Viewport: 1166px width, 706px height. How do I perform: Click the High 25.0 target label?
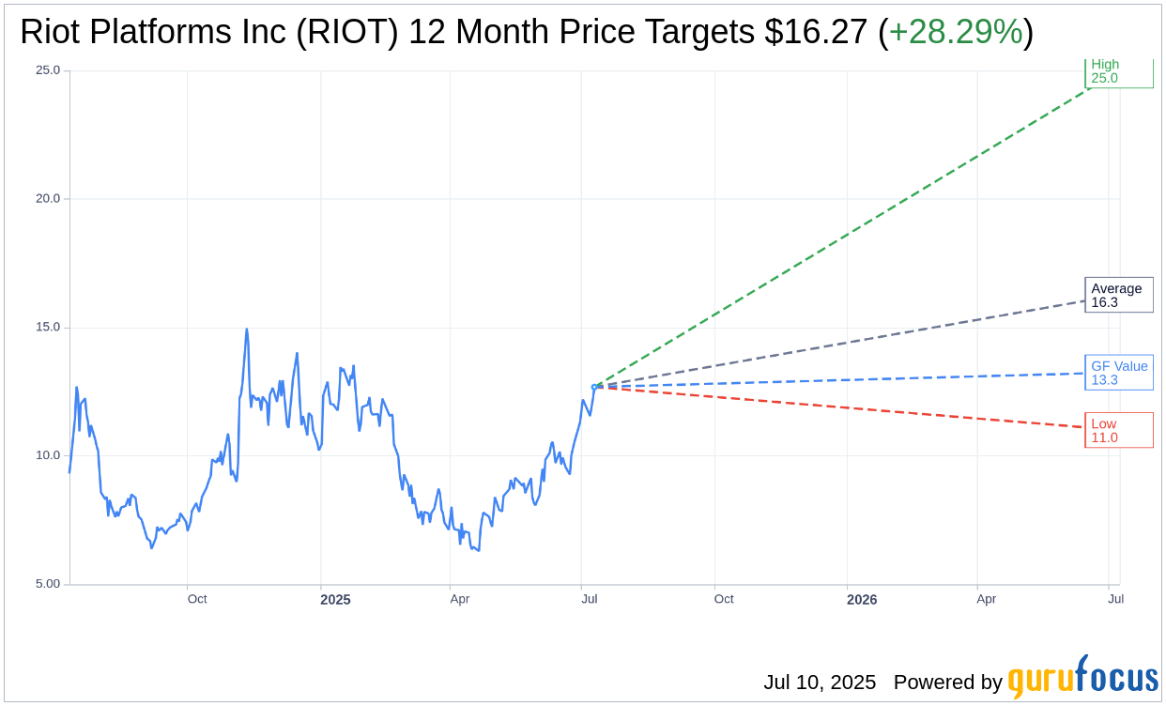[1118, 72]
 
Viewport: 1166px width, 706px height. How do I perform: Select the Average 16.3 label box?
[1118, 295]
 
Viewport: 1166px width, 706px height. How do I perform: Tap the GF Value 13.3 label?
[1118, 373]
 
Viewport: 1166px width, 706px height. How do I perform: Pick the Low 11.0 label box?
[1118, 430]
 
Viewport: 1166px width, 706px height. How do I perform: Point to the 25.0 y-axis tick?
[47, 70]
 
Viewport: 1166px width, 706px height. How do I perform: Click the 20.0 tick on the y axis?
[47, 199]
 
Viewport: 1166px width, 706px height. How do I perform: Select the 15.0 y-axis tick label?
[47, 328]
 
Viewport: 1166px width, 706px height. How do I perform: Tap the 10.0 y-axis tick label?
[47, 456]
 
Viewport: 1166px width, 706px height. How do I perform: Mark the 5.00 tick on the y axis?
[47, 584]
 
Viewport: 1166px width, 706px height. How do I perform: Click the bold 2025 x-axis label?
[335, 600]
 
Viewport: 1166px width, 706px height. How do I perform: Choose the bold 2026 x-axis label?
[861, 600]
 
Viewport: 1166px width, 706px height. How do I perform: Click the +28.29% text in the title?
[955, 33]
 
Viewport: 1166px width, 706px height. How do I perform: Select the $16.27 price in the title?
[815, 33]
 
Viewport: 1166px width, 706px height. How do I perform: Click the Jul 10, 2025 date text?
[819, 683]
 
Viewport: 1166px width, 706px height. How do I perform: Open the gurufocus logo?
[1082, 678]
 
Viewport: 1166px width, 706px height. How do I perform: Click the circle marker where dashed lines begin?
[594, 387]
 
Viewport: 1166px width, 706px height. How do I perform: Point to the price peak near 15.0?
[247, 330]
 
